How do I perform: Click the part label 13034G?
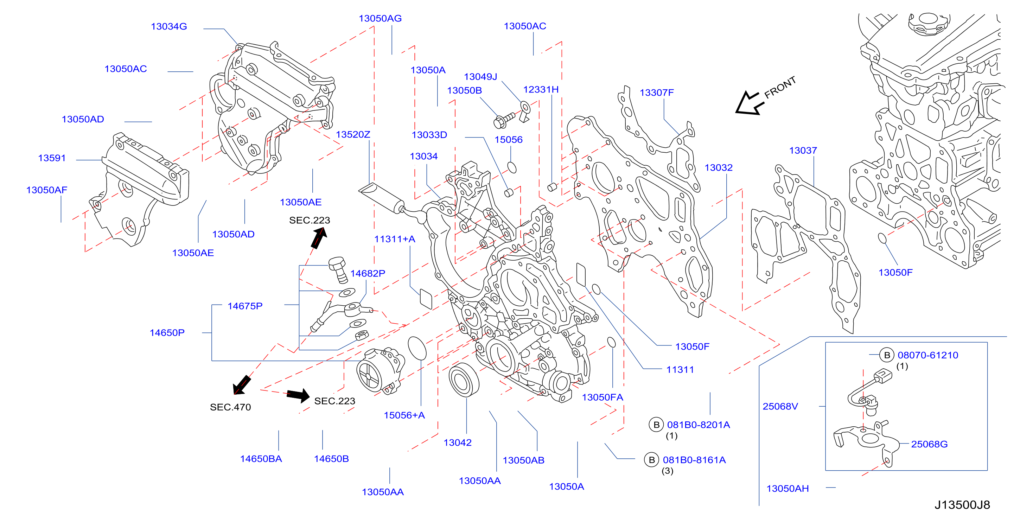tap(169, 26)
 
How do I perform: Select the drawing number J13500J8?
tap(962, 505)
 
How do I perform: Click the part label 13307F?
tap(656, 93)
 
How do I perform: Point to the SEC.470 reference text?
tap(230, 407)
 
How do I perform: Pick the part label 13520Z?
tap(353, 135)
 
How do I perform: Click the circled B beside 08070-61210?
tap(887, 355)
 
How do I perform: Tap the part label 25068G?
tap(929, 444)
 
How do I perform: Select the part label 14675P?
tap(245, 306)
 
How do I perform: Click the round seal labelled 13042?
tap(464, 380)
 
